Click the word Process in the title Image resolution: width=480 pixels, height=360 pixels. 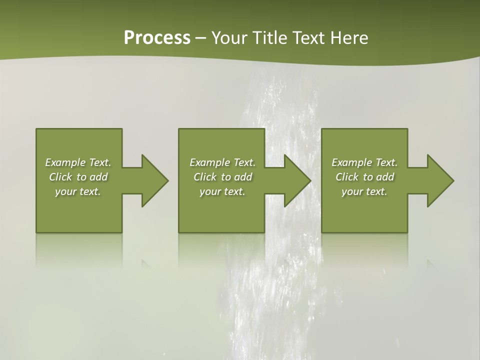(x=157, y=37)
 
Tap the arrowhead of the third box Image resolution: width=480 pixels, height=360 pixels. (x=439, y=180)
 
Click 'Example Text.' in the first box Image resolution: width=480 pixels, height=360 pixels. (x=78, y=162)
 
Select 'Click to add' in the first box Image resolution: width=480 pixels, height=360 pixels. (x=78, y=177)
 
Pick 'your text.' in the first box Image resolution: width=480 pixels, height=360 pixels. (x=78, y=191)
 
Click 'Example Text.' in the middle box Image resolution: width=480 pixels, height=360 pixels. (x=222, y=162)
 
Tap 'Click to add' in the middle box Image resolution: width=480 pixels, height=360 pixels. (x=222, y=177)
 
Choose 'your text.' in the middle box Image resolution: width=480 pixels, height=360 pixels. (x=222, y=191)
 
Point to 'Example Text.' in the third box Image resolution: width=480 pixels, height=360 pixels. (x=364, y=162)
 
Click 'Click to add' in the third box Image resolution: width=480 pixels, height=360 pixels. (x=364, y=177)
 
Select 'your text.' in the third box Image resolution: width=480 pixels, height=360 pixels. (x=364, y=191)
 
